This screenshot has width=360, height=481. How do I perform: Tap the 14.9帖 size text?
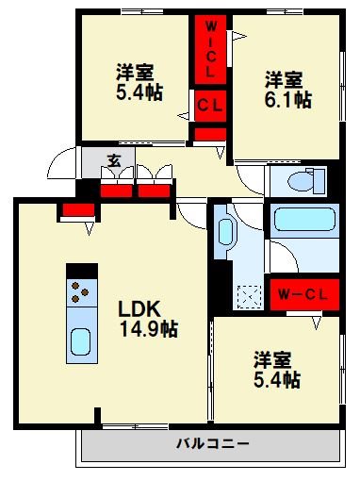tap(148, 329)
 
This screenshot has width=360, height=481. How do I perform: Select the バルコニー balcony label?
tap(211, 442)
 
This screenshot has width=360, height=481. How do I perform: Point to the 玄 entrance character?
tap(113, 160)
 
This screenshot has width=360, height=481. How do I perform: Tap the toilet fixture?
tap(303, 179)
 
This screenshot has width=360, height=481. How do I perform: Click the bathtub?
tap(305, 221)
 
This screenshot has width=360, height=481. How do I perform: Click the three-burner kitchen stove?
tap(80, 290)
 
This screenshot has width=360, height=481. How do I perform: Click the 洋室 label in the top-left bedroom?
tap(135, 72)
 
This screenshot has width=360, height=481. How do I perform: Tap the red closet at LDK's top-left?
tap(74, 211)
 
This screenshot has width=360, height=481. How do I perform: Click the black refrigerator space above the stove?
tap(81, 269)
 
